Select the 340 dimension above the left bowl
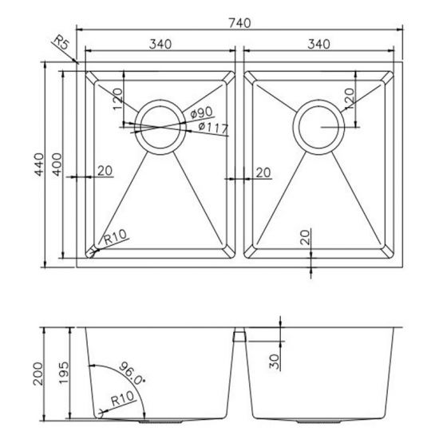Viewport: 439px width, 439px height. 160,44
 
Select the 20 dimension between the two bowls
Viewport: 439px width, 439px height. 264,172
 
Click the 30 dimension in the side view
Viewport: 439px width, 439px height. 275,362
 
